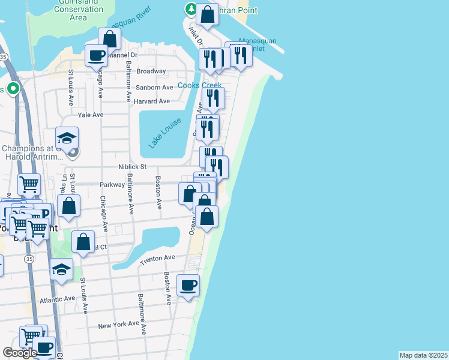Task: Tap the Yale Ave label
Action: tap(91, 115)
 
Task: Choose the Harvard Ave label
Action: tap(152, 101)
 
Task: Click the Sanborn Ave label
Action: tap(154, 88)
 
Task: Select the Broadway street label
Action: tap(151, 71)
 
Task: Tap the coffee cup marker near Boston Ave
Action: tap(188, 286)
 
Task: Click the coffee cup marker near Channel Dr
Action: tap(95, 56)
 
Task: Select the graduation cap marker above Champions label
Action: tap(67, 137)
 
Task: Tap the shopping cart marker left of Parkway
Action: tap(29, 184)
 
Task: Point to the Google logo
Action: tap(19, 353)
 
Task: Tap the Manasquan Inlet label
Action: tap(258, 44)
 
